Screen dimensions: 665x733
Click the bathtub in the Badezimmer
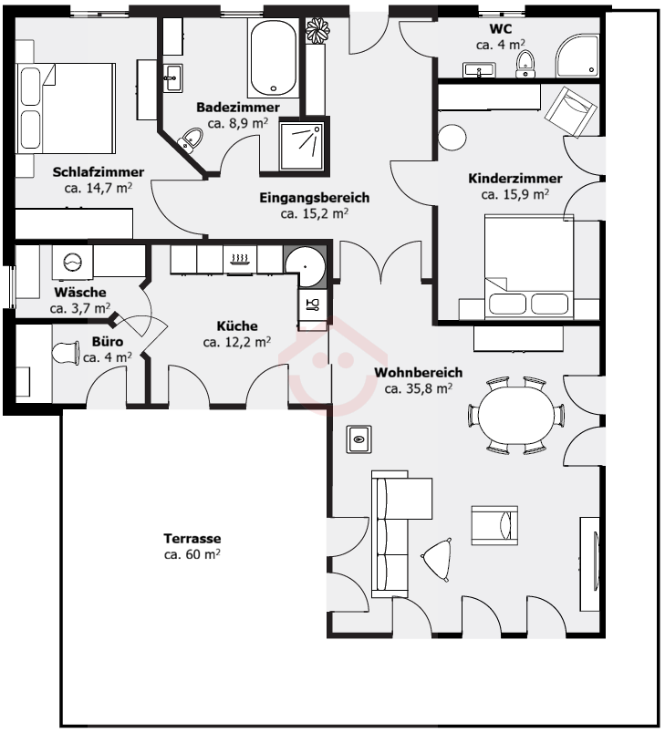[x=274, y=57]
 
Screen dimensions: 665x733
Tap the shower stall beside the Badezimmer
[x=301, y=146]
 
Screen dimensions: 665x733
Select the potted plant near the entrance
[x=317, y=30]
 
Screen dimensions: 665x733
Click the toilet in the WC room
[x=525, y=64]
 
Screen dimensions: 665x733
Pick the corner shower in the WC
[x=577, y=56]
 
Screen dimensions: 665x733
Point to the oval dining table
[x=515, y=415]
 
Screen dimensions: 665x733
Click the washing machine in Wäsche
[x=72, y=262]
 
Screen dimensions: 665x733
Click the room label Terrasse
[x=192, y=538]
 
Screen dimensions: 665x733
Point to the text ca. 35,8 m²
[x=419, y=388]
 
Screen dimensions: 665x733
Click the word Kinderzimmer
[x=514, y=178]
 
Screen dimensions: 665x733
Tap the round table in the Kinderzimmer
[x=452, y=138]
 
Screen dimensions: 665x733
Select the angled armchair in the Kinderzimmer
[x=570, y=112]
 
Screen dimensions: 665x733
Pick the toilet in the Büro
[x=66, y=354]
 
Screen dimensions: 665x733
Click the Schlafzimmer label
[x=99, y=172]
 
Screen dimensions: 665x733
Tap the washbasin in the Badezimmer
[x=172, y=78]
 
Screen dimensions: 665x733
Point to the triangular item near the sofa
[x=438, y=559]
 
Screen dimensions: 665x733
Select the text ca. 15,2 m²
[x=315, y=213]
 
